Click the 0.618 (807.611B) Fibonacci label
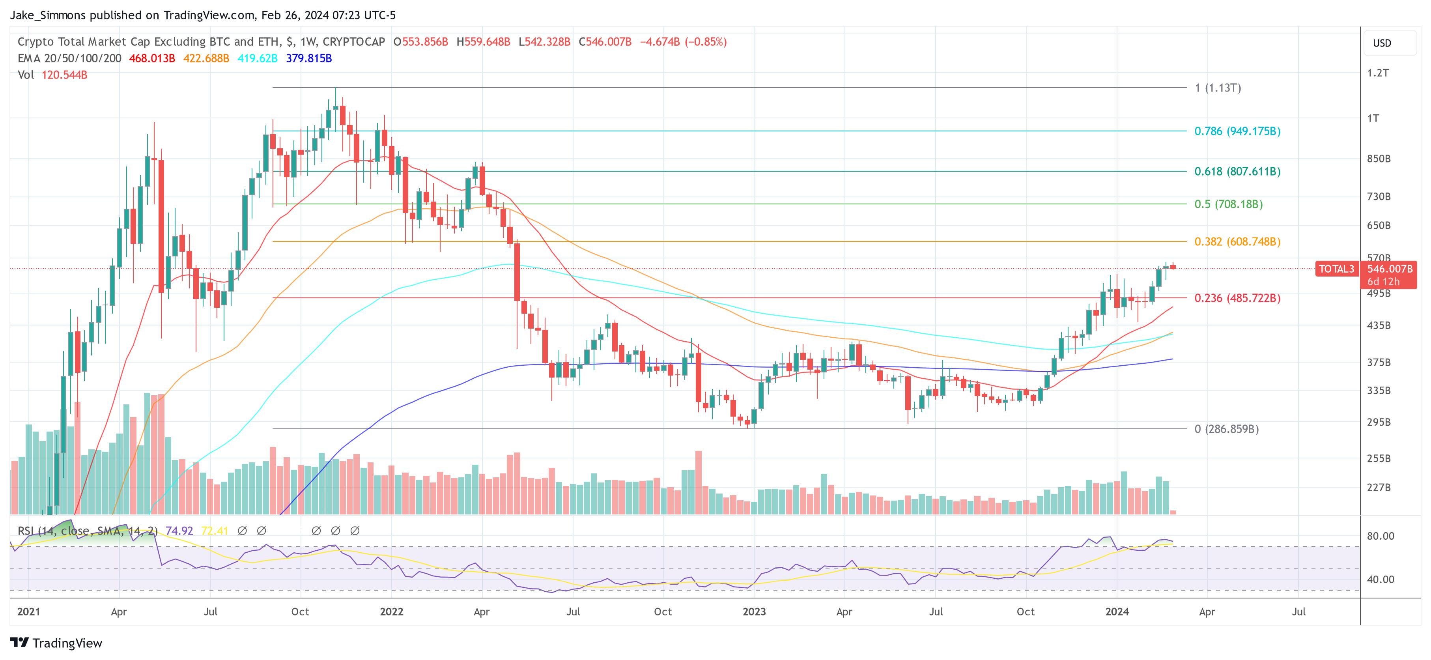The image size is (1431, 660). (1237, 172)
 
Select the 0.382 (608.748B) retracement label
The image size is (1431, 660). (1237, 242)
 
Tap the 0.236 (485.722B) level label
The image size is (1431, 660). (1237, 298)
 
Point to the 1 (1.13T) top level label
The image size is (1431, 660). (1218, 88)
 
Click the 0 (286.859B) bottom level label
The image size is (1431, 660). (1226, 429)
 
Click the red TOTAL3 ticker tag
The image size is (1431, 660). (1336, 269)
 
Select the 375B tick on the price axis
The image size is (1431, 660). (1378, 362)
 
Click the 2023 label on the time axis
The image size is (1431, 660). (754, 611)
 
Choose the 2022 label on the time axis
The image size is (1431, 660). (391, 611)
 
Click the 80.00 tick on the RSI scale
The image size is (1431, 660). (1380, 536)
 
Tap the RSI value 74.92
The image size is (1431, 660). (179, 531)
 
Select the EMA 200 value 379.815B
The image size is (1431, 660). (309, 58)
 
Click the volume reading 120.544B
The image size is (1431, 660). (64, 75)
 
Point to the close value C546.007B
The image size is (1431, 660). (605, 42)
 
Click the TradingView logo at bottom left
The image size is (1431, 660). (56, 643)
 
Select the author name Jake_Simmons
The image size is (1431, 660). (48, 15)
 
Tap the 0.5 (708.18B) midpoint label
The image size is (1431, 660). (1228, 204)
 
